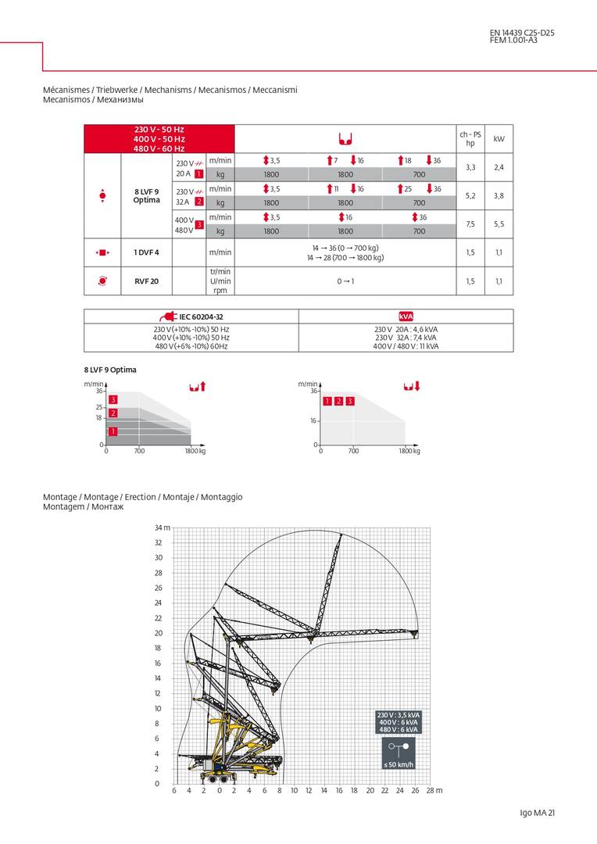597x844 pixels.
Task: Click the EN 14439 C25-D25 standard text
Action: point(522,33)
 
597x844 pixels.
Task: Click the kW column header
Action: point(499,138)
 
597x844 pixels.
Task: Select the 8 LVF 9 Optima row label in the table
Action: point(147,195)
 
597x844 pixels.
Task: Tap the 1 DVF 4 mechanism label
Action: point(146,252)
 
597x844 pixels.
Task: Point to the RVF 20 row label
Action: point(146,281)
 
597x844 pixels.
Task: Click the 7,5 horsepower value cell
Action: point(470,224)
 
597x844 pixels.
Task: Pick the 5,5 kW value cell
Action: point(499,224)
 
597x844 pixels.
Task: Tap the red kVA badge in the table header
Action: point(406,316)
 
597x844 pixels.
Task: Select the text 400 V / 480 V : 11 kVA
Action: point(406,346)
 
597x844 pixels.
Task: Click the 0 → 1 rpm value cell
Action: point(345,281)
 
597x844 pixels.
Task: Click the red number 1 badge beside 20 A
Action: point(199,173)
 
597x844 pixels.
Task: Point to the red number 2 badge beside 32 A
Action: point(199,202)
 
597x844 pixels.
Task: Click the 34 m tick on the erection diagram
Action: point(162,528)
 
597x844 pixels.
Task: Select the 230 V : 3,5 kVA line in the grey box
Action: point(399,715)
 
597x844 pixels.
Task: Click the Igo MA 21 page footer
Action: point(537,814)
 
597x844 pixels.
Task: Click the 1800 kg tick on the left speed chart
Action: point(195,451)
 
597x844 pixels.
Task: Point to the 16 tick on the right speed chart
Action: point(313,420)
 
